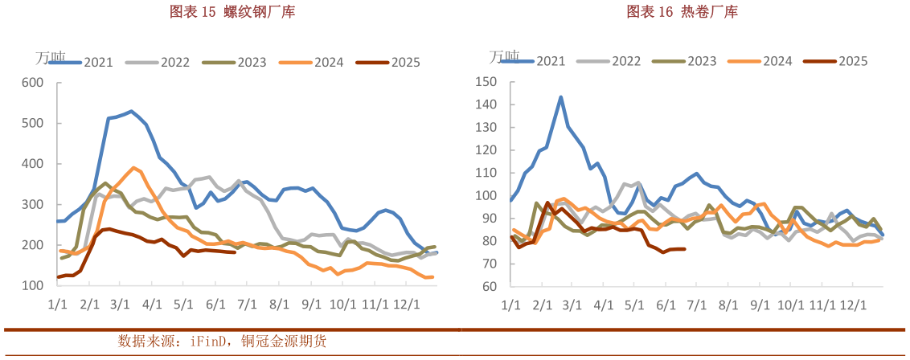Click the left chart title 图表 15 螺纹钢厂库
point(226,12)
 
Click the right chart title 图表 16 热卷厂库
point(682,12)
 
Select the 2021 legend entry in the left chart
point(98,62)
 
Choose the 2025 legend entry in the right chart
point(852,60)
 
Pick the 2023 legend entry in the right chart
point(701,60)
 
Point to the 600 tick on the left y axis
point(32,82)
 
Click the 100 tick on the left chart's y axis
point(32,285)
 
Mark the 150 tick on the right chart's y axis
point(488,82)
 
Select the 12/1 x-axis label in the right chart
point(853,305)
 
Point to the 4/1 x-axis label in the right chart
point(603,305)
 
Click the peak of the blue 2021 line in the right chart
point(560,97)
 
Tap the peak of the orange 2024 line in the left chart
point(133,168)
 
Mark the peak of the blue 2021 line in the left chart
point(131,111)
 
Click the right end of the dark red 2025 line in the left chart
point(234,252)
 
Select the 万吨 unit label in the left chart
point(50,58)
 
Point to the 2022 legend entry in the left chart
point(174,62)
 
